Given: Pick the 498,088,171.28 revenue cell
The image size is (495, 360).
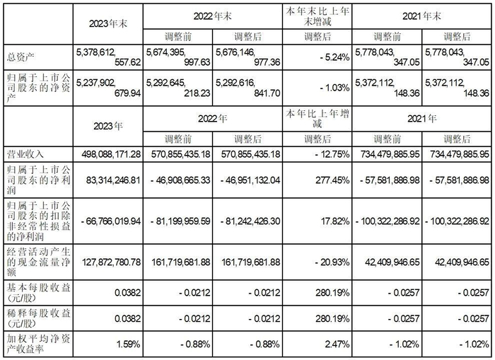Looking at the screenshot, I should [106, 153].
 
